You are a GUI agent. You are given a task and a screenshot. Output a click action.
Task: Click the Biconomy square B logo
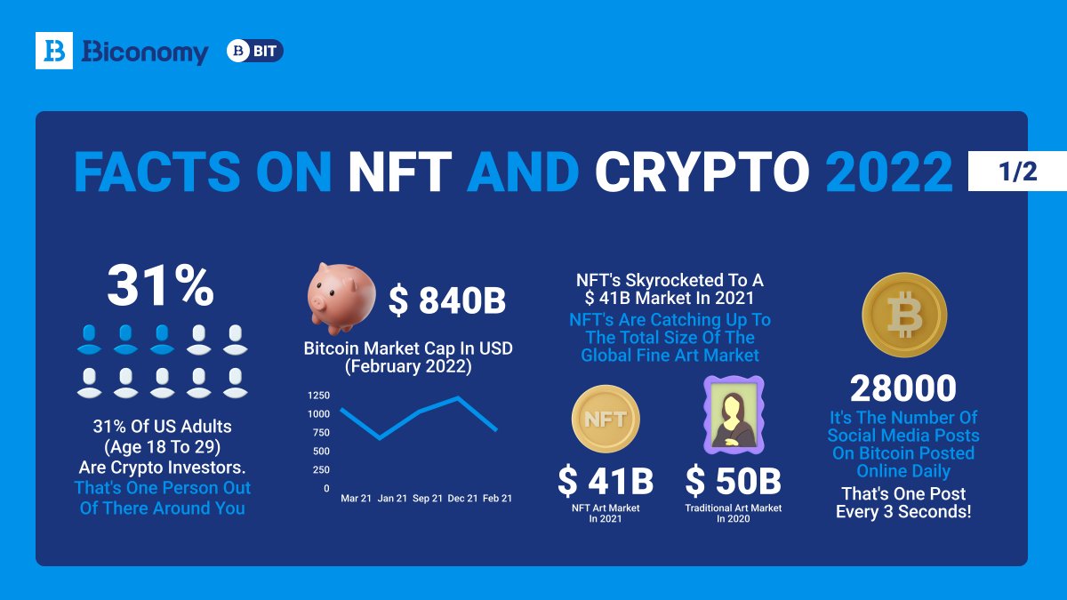coord(53,51)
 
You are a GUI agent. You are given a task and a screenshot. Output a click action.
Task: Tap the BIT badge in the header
coord(255,52)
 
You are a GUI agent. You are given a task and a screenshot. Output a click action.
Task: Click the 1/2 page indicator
coord(1015,172)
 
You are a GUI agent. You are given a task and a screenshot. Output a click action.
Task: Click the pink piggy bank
coord(338,296)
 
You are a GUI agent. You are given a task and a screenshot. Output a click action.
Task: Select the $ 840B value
coord(446,302)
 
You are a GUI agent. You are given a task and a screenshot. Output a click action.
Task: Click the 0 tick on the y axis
coord(326,488)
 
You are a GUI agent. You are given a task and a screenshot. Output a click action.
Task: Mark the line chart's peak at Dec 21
coord(458,397)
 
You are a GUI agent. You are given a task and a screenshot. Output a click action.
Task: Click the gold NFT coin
coord(606,419)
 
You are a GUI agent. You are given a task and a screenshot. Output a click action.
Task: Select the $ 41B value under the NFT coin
coord(606,482)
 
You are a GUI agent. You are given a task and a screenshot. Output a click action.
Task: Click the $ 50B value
coord(733,482)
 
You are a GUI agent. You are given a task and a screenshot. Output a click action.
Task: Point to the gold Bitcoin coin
coord(903,315)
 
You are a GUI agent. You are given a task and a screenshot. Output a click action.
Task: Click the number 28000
coord(903,388)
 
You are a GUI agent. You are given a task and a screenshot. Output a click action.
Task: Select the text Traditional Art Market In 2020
coord(733,513)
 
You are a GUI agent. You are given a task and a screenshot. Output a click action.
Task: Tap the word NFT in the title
coord(401,172)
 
